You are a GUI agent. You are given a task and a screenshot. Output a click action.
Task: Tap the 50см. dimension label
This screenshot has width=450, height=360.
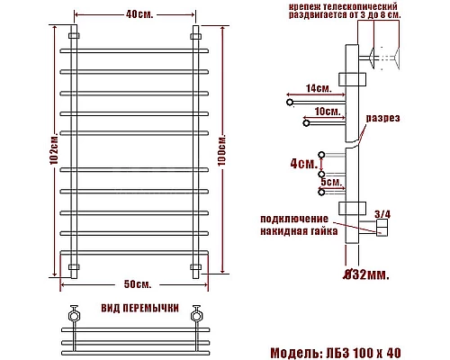[137, 284]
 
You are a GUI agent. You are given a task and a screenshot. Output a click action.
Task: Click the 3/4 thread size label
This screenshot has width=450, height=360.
[381, 214]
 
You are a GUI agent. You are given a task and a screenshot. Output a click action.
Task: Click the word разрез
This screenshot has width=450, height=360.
[383, 118]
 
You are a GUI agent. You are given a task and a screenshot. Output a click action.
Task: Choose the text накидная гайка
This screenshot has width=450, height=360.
[299, 231]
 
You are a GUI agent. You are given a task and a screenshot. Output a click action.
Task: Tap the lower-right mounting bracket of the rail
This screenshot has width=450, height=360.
[195, 268]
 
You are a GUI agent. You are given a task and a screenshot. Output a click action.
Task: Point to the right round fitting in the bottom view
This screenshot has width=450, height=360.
[194, 314]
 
